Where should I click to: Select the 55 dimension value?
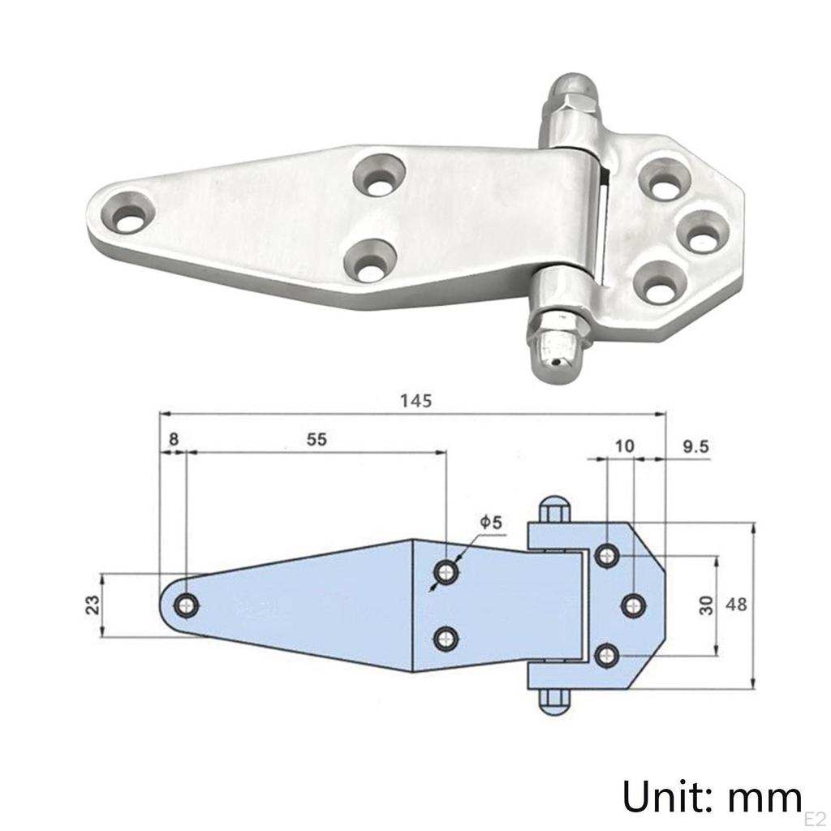tap(316, 439)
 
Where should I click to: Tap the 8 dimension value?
tap(173, 439)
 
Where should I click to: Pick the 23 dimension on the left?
tap(93, 605)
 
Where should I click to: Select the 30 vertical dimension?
tap(706, 605)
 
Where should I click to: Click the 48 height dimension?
tap(736, 605)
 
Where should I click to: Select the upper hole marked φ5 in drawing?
tap(446, 572)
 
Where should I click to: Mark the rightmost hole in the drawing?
tap(635, 605)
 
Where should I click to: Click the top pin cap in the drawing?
tap(553, 509)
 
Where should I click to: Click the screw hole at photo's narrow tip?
tap(127, 217)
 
